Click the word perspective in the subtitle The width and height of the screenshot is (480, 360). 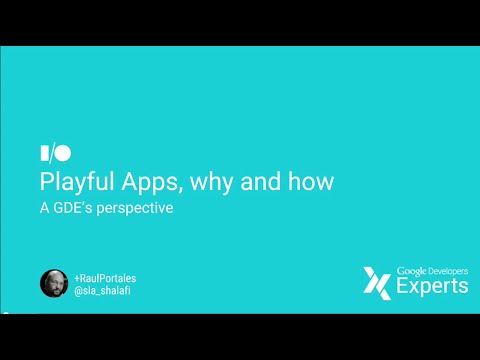146,210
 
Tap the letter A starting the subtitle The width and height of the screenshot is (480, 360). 45,210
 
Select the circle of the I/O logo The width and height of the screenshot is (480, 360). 63,154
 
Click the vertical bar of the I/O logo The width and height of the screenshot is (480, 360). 44,154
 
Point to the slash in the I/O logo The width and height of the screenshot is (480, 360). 52,154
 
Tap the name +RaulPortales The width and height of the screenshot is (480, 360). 107,276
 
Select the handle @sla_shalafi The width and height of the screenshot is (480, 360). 104,289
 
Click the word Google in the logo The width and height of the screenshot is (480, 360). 413,270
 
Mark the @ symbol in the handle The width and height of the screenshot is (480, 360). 78,289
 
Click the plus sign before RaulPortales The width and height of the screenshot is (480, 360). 77,276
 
